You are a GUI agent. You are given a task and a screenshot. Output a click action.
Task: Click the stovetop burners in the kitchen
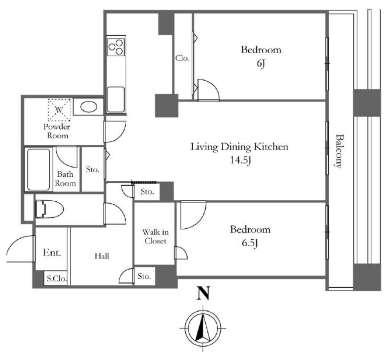click(116, 47)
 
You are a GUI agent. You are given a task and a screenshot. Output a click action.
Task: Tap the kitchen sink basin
click(116, 100)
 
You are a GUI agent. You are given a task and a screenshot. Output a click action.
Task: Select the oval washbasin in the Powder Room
click(89, 107)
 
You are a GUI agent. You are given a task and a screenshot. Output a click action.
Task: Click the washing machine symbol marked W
click(59, 110)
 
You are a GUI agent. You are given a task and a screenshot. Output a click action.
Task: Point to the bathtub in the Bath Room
click(38, 170)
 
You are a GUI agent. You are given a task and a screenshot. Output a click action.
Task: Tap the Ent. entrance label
click(52, 253)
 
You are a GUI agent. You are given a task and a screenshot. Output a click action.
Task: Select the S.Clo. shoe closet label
click(57, 279)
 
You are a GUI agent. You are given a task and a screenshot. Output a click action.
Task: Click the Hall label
click(102, 256)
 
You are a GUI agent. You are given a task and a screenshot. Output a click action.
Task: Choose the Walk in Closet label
click(155, 237)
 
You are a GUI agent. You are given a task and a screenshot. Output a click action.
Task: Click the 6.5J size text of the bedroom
click(250, 243)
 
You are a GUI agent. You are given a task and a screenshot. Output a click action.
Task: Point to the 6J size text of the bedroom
click(261, 64)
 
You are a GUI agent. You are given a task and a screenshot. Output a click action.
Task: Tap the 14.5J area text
click(240, 160)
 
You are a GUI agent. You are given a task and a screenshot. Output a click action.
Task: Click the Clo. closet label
click(182, 58)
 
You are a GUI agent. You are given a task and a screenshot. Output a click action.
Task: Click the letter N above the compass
click(203, 293)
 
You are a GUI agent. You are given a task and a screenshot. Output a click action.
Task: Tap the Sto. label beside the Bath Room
click(93, 170)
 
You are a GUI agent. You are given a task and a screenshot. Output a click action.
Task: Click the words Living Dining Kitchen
click(239, 147)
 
